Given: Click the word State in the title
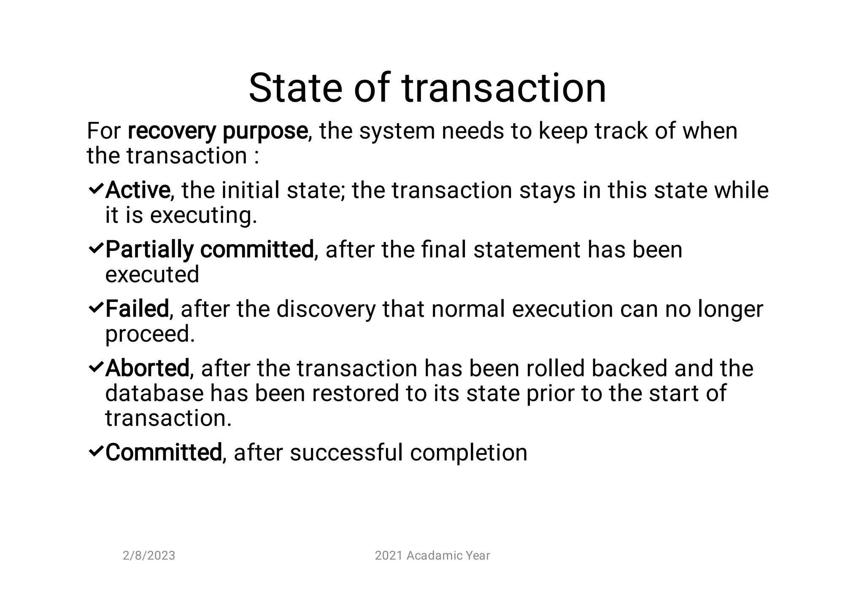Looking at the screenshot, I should (295, 88).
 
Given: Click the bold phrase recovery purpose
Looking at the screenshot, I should (217, 131).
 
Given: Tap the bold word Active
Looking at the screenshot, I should (138, 190).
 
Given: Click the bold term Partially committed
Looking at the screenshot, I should (209, 249).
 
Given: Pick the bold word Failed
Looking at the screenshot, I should (137, 309).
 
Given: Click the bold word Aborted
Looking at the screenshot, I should (147, 368).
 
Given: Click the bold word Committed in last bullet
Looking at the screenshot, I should (163, 453).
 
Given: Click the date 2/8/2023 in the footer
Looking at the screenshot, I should (148, 556).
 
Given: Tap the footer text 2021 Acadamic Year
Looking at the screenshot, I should (432, 556).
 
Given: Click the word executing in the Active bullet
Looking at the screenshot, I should (203, 216).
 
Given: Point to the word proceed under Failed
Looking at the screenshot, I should (150, 334).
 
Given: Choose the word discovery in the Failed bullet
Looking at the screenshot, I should (326, 309).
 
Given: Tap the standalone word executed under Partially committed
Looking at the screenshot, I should (152, 275).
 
